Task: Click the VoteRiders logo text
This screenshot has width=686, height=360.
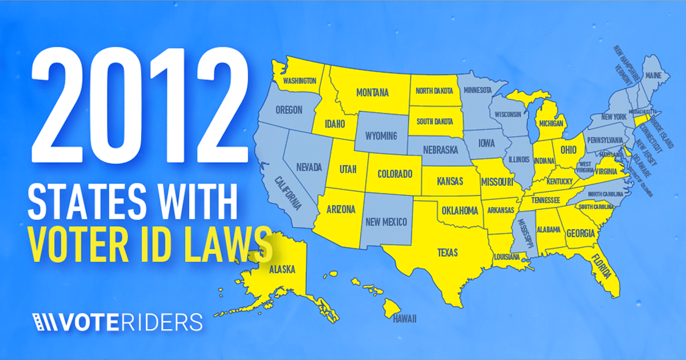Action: point(131,321)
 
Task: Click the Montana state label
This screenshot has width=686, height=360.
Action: point(372,93)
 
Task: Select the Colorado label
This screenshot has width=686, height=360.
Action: point(394,173)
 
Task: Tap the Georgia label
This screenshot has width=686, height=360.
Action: point(581,233)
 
